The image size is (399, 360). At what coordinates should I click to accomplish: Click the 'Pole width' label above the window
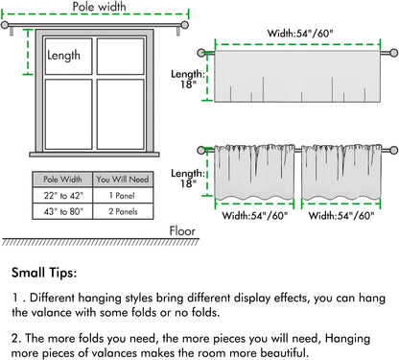tap(99, 7)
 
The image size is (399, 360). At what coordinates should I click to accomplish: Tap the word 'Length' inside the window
tap(63, 56)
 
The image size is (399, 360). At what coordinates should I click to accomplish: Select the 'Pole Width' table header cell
tap(62, 180)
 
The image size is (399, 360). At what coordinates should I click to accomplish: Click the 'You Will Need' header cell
tap(123, 180)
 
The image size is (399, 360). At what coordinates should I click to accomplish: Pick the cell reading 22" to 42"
tap(63, 195)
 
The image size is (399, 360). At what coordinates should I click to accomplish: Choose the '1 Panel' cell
tap(122, 195)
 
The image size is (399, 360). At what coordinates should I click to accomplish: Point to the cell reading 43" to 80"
tap(63, 211)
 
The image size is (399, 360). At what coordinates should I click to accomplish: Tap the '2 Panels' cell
tap(123, 211)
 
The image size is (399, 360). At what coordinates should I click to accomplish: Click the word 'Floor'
tap(182, 231)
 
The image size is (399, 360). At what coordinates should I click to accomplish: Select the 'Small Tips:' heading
tap(44, 273)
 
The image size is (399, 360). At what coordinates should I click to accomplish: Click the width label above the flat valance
tap(300, 34)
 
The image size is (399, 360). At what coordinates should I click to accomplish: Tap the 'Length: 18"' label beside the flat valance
tap(188, 79)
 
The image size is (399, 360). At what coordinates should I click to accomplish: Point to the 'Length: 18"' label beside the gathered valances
tap(188, 179)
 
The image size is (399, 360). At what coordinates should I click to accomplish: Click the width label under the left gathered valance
tap(255, 216)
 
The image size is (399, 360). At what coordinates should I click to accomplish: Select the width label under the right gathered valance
tap(341, 216)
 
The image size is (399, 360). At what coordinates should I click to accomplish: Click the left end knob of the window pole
tap(5, 25)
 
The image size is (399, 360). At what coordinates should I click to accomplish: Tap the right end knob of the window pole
tap(184, 25)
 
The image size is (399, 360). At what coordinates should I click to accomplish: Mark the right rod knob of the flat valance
tap(394, 53)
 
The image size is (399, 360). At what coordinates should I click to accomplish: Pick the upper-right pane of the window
tap(121, 57)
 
